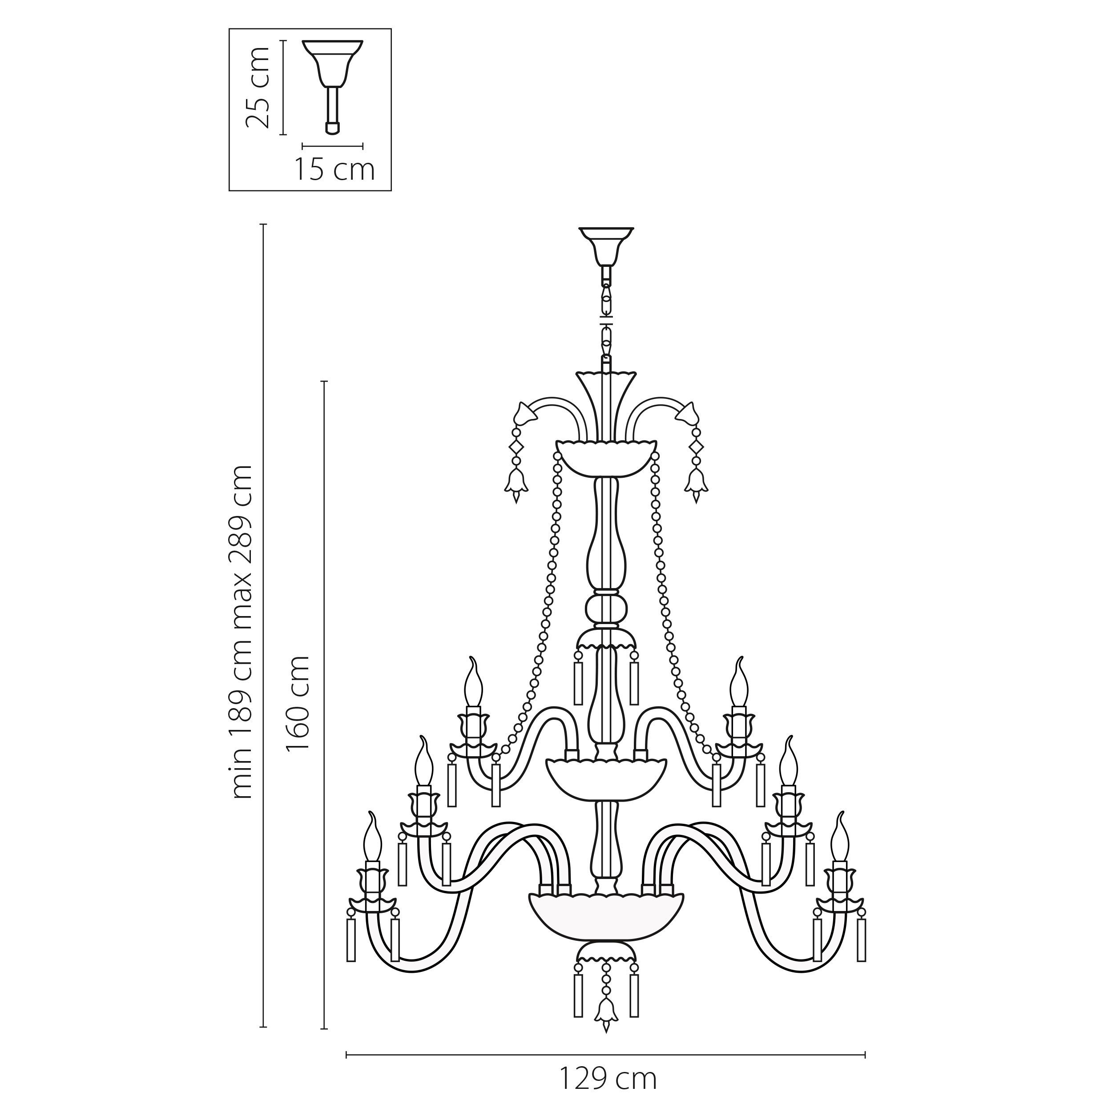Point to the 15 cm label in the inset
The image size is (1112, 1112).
pyautogui.click(x=334, y=170)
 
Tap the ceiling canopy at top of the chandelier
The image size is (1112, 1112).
pyautogui.click(x=606, y=244)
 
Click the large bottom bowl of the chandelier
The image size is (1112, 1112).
pyautogui.click(x=606, y=927)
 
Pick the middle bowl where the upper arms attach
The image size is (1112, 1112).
pyautogui.click(x=606, y=780)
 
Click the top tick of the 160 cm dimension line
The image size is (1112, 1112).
pyautogui.click(x=324, y=381)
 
